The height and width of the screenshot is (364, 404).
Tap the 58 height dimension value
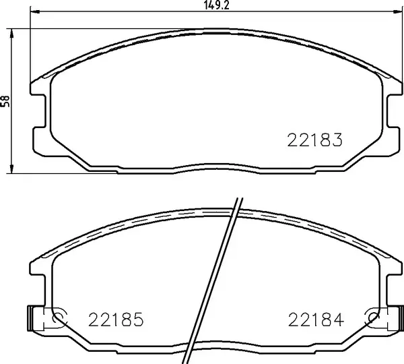tap(6, 101)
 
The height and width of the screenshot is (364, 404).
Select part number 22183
tap(315, 141)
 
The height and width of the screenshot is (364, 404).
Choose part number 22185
tap(116, 319)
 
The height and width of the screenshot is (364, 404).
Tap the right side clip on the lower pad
tap(393, 317)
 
